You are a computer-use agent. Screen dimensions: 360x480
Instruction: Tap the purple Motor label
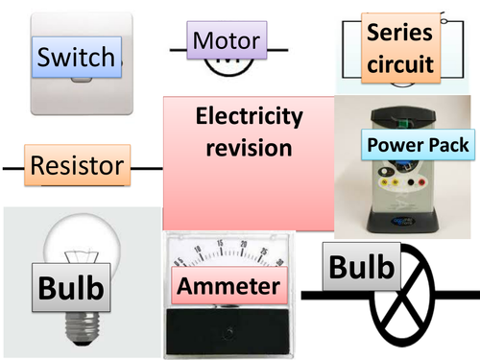(226, 41)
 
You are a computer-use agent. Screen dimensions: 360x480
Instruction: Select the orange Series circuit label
(398, 49)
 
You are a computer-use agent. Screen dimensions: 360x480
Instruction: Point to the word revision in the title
(250, 149)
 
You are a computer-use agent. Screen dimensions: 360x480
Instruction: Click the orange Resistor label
(78, 166)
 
